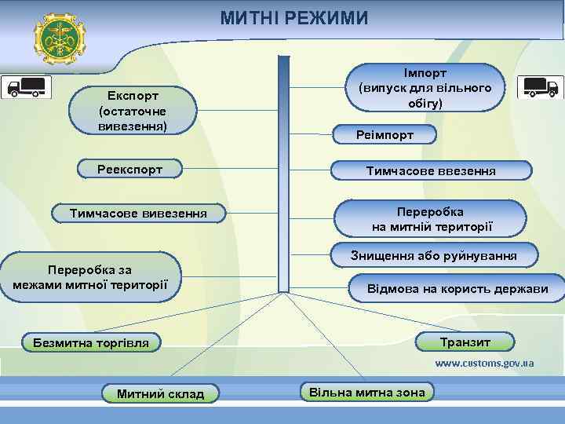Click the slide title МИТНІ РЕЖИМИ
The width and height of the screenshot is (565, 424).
[293, 17]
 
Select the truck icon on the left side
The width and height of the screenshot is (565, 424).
[29, 87]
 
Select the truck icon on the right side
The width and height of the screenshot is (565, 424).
[540, 87]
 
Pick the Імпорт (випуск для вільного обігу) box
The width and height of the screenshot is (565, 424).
[425, 86]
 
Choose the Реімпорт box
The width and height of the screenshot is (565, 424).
[385, 136]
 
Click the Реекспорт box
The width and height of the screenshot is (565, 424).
[129, 169]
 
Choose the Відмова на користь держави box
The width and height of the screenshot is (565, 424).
[457, 288]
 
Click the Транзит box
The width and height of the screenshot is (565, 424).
[465, 342]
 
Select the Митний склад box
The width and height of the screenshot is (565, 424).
[160, 393]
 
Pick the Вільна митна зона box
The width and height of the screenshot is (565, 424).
[367, 392]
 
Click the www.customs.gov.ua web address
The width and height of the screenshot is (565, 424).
[484, 364]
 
